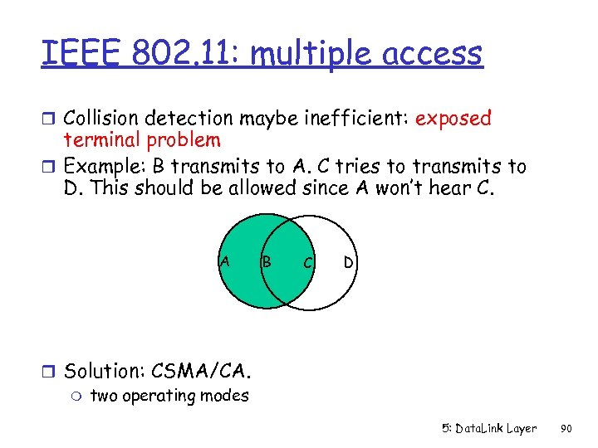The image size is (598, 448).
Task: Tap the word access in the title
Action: click(434, 54)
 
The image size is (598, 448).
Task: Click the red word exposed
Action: click(453, 119)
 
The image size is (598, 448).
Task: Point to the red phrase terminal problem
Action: click(142, 141)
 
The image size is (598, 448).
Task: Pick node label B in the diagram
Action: click(267, 262)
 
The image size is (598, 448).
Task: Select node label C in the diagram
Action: click(307, 263)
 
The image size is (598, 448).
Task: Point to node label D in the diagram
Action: click(349, 263)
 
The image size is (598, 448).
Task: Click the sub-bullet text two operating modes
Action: click(169, 396)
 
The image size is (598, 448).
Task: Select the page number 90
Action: click(566, 429)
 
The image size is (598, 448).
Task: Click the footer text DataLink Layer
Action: click(496, 429)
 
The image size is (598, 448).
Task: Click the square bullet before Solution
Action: click(51, 372)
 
